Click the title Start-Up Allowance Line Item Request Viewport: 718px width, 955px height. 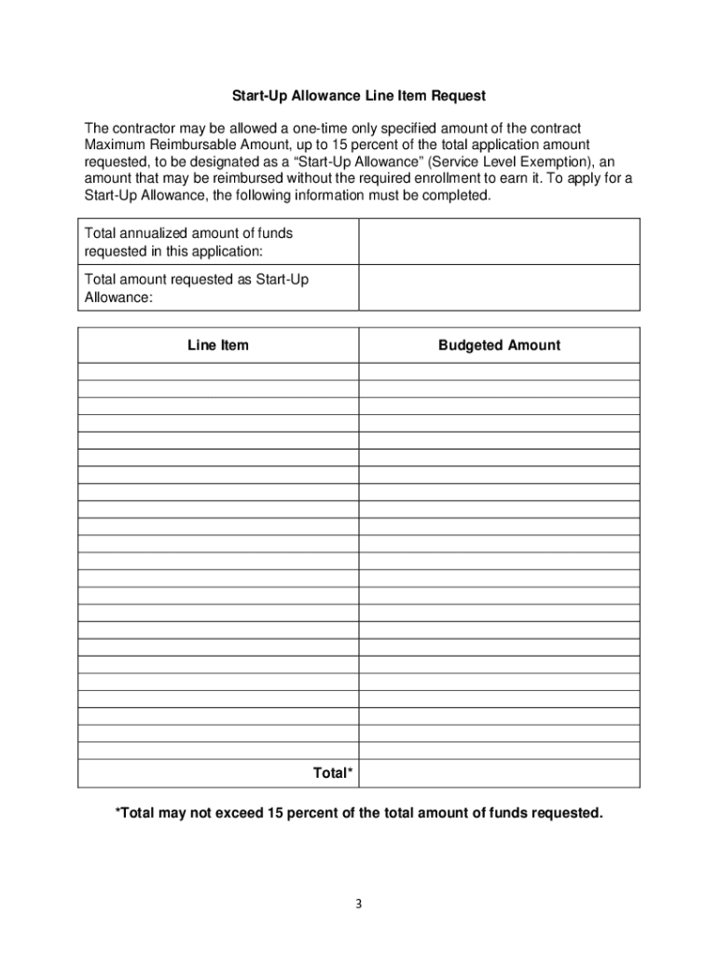359,96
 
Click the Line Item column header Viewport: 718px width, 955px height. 218,345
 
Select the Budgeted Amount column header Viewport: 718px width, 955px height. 499,345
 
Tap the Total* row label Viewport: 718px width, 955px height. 333,773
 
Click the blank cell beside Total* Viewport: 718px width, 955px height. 499,773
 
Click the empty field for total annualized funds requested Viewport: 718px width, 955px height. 499,242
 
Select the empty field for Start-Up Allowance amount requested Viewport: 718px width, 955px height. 499,287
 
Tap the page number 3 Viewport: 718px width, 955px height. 359,904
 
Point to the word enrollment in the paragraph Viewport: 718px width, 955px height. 434,178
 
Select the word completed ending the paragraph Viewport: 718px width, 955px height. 457,195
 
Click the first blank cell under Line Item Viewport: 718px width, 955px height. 218,371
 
